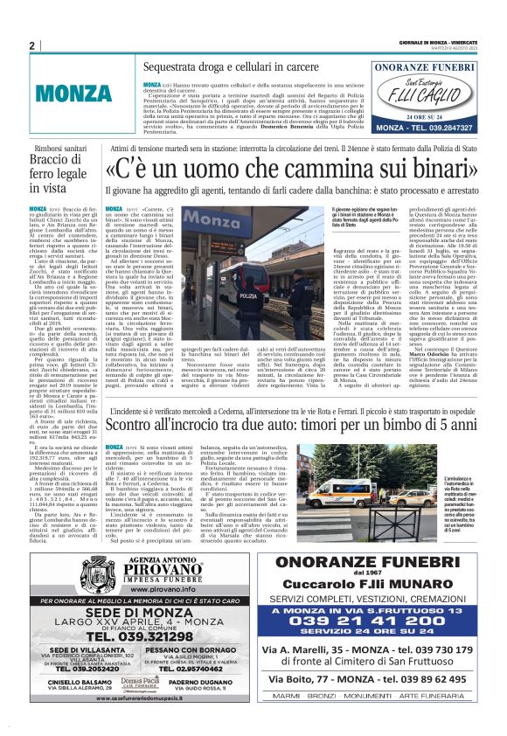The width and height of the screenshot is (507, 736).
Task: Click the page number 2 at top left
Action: click(31, 45)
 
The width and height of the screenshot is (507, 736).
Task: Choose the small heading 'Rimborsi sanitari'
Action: click(63, 149)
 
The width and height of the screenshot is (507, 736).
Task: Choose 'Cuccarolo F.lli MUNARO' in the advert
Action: click(376, 585)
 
